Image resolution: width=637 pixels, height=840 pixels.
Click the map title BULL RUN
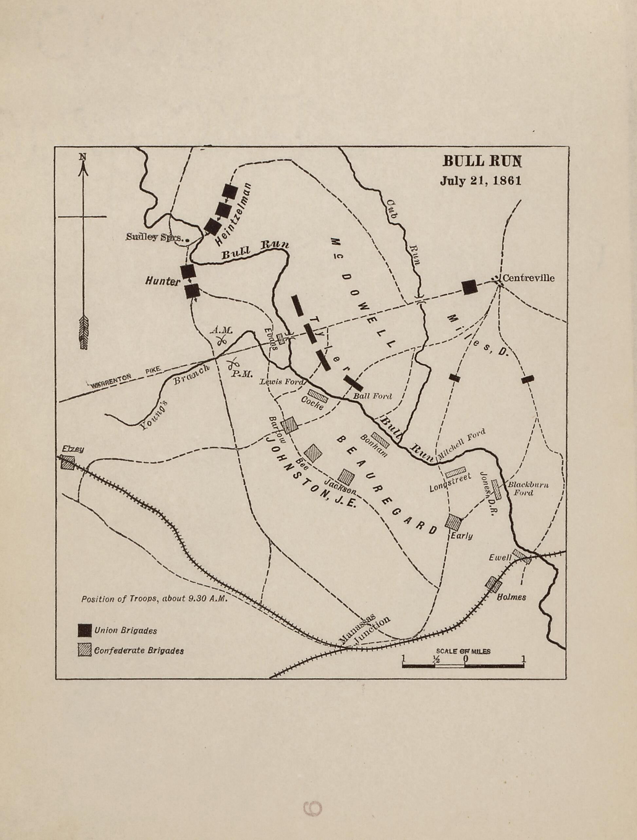482,162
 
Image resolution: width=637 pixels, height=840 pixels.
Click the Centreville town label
528,278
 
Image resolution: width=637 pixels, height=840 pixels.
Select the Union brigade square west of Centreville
469,287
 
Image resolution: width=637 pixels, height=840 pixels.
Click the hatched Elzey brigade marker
68,463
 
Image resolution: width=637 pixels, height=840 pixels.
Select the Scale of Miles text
463,651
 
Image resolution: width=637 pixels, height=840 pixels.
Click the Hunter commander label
162,282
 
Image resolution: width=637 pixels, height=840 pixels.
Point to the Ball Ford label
372,396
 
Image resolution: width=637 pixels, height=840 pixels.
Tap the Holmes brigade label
512,597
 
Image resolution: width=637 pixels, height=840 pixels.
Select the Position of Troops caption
154,599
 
